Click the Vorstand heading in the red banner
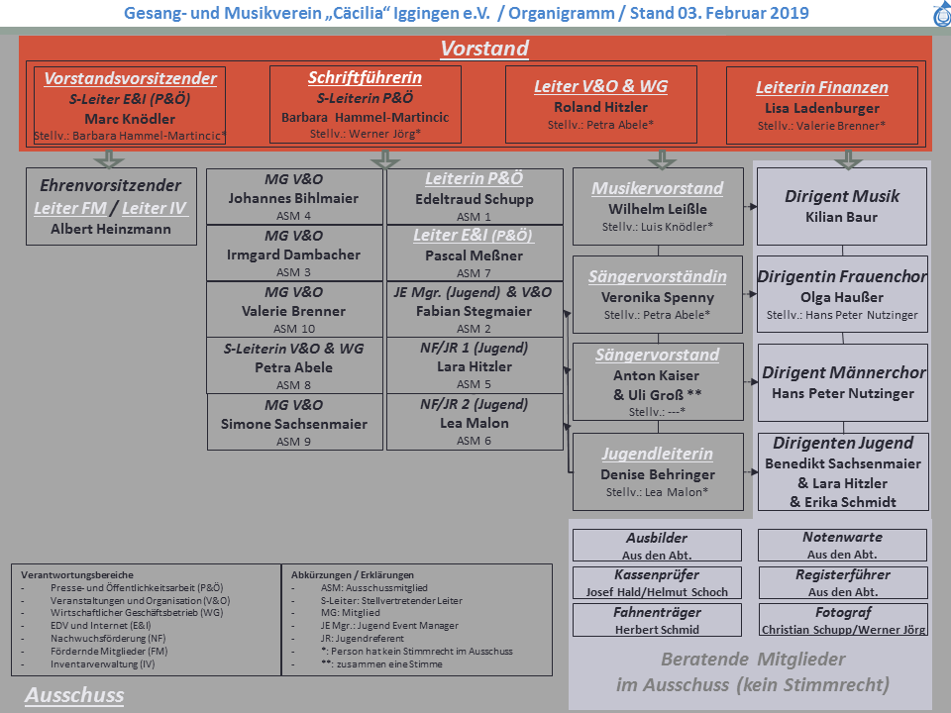coord(484,49)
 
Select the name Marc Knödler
coord(130,118)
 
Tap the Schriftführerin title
coord(365,77)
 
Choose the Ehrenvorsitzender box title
coord(111,185)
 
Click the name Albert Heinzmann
coord(111,229)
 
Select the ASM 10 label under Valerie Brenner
coord(293,329)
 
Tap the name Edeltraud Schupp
coord(475,199)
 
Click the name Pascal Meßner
coord(475,255)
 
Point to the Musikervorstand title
coord(658,188)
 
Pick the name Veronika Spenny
coord(658,297)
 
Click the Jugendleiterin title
coord(658,455)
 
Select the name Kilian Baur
coord(843,217)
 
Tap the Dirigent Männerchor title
coord(843,373)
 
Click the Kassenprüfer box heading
coord(657,574)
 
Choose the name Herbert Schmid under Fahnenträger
coord(657,630)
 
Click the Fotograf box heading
coord(843,612)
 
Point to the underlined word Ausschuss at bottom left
coord(74,695)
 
